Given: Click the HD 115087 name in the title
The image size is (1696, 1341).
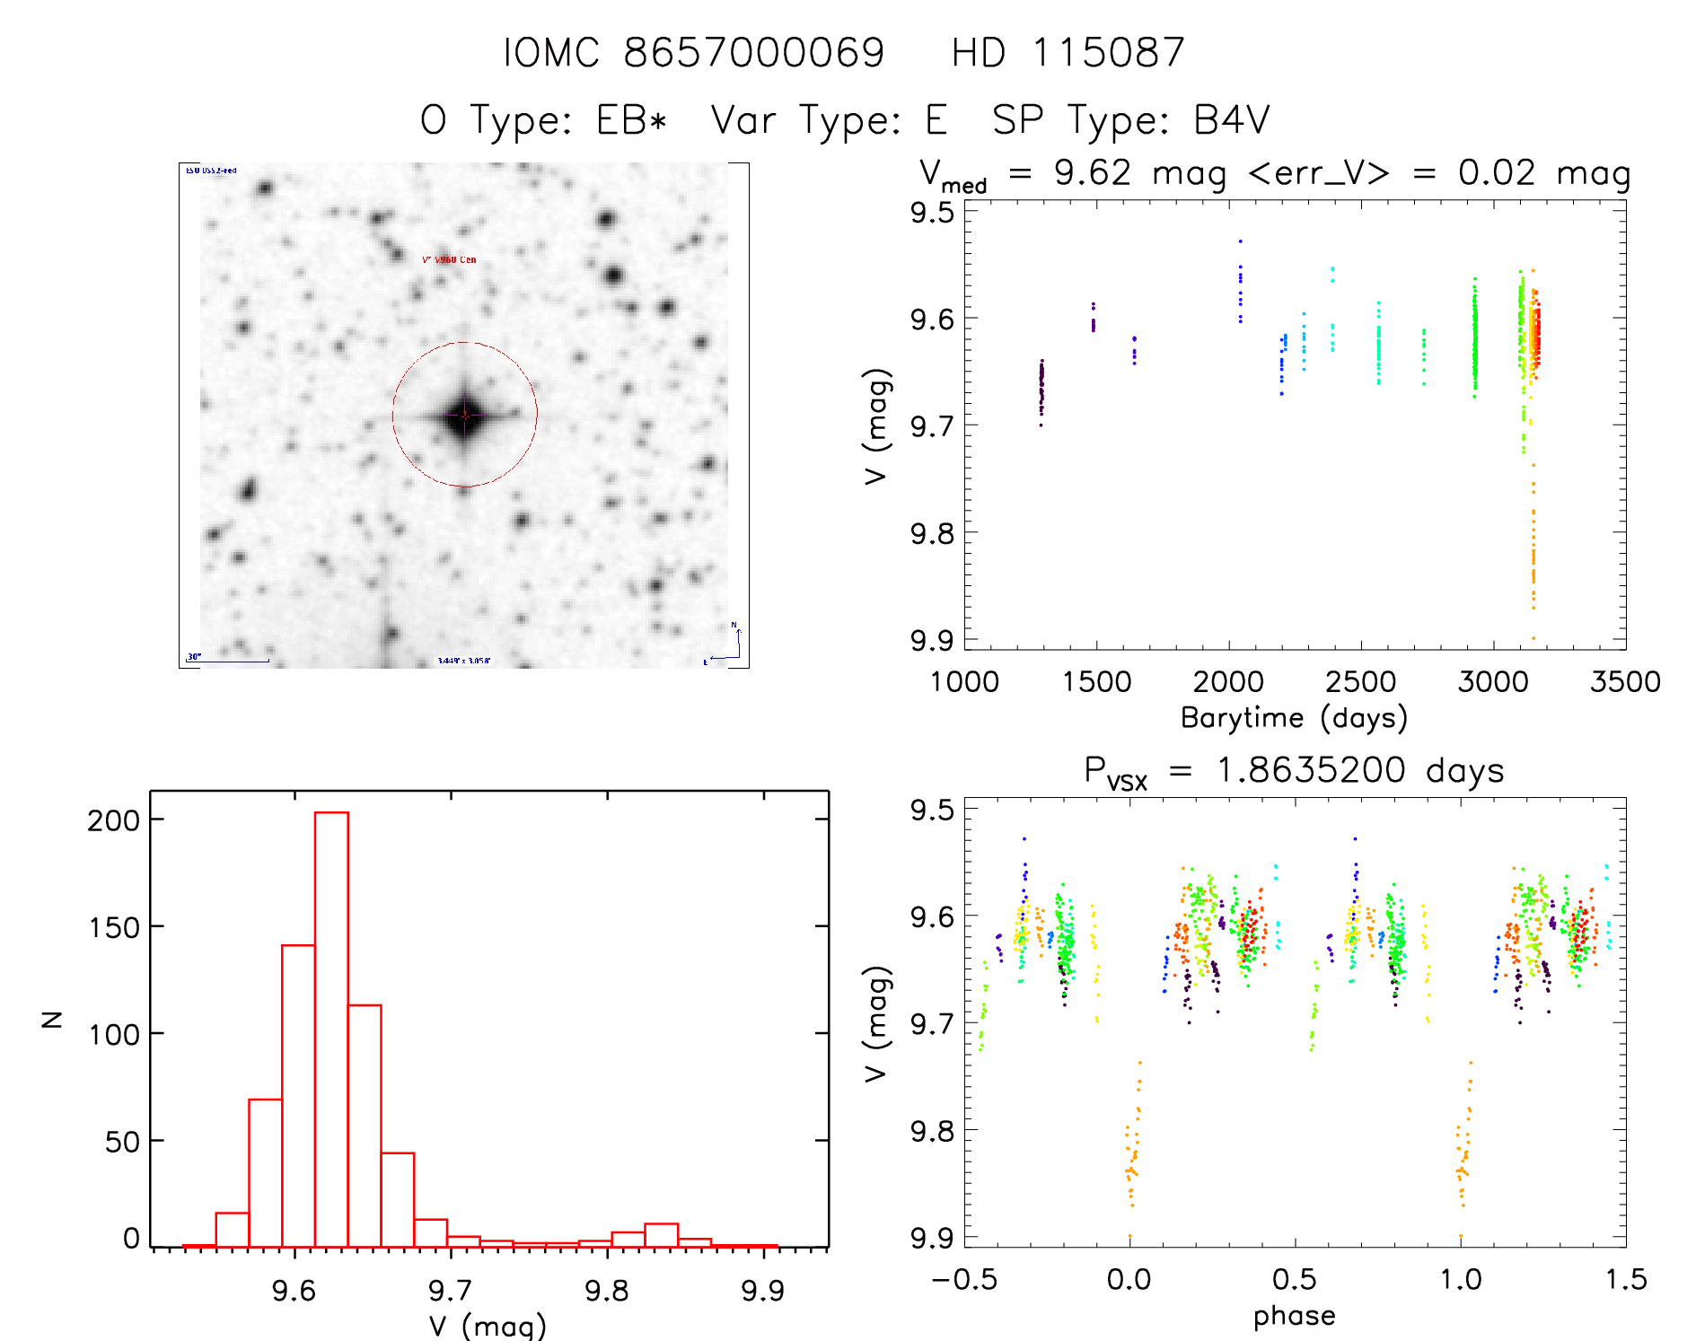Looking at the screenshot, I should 1068,52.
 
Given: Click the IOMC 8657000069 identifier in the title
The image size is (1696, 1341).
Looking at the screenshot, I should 693,52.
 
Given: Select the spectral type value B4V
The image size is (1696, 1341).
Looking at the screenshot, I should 1231,119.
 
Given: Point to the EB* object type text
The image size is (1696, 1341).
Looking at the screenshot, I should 632,119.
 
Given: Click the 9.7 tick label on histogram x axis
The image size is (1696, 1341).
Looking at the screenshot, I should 450,1291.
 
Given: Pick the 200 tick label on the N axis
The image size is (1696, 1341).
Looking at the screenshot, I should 113,819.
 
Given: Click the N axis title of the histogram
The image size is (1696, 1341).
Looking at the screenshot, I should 52,1019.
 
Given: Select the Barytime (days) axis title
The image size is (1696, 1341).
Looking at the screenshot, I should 1294,718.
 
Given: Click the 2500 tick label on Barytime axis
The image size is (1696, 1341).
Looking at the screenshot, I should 1360,682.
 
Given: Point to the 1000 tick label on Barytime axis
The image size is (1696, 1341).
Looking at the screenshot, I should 964,682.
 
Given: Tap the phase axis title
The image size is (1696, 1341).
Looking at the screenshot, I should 1294,1316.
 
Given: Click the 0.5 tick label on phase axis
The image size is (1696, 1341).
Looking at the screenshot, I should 1295,1279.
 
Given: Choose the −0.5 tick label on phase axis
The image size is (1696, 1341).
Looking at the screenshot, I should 964,1279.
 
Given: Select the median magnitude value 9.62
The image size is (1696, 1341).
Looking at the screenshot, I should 1092,172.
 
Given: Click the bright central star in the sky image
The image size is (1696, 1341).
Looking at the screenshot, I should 464,415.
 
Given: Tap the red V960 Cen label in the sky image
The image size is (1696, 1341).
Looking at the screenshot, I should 450,260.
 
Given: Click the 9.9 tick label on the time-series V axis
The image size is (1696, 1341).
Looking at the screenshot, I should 932,640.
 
